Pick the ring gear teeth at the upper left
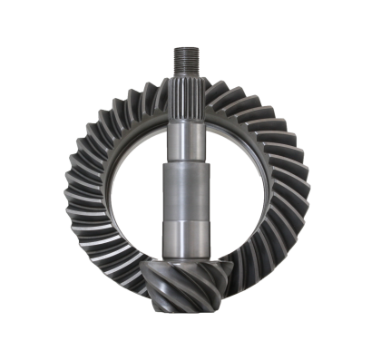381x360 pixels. point(86,118)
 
